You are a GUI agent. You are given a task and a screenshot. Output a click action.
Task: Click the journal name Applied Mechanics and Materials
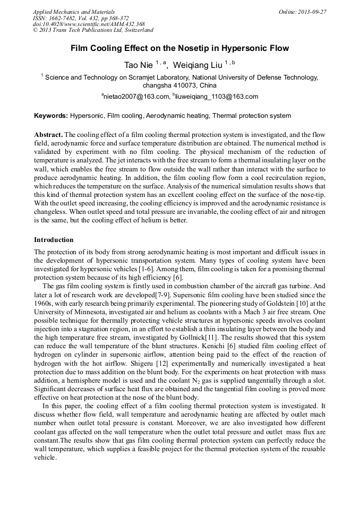[74, 12]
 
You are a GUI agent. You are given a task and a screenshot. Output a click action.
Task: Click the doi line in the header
[89, 24]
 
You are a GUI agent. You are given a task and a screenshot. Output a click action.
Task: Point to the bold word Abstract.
[48, 135]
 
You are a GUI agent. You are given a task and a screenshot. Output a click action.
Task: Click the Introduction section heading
[54, 240]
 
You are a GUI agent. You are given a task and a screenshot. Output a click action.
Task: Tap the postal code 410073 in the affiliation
[183, 85]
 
